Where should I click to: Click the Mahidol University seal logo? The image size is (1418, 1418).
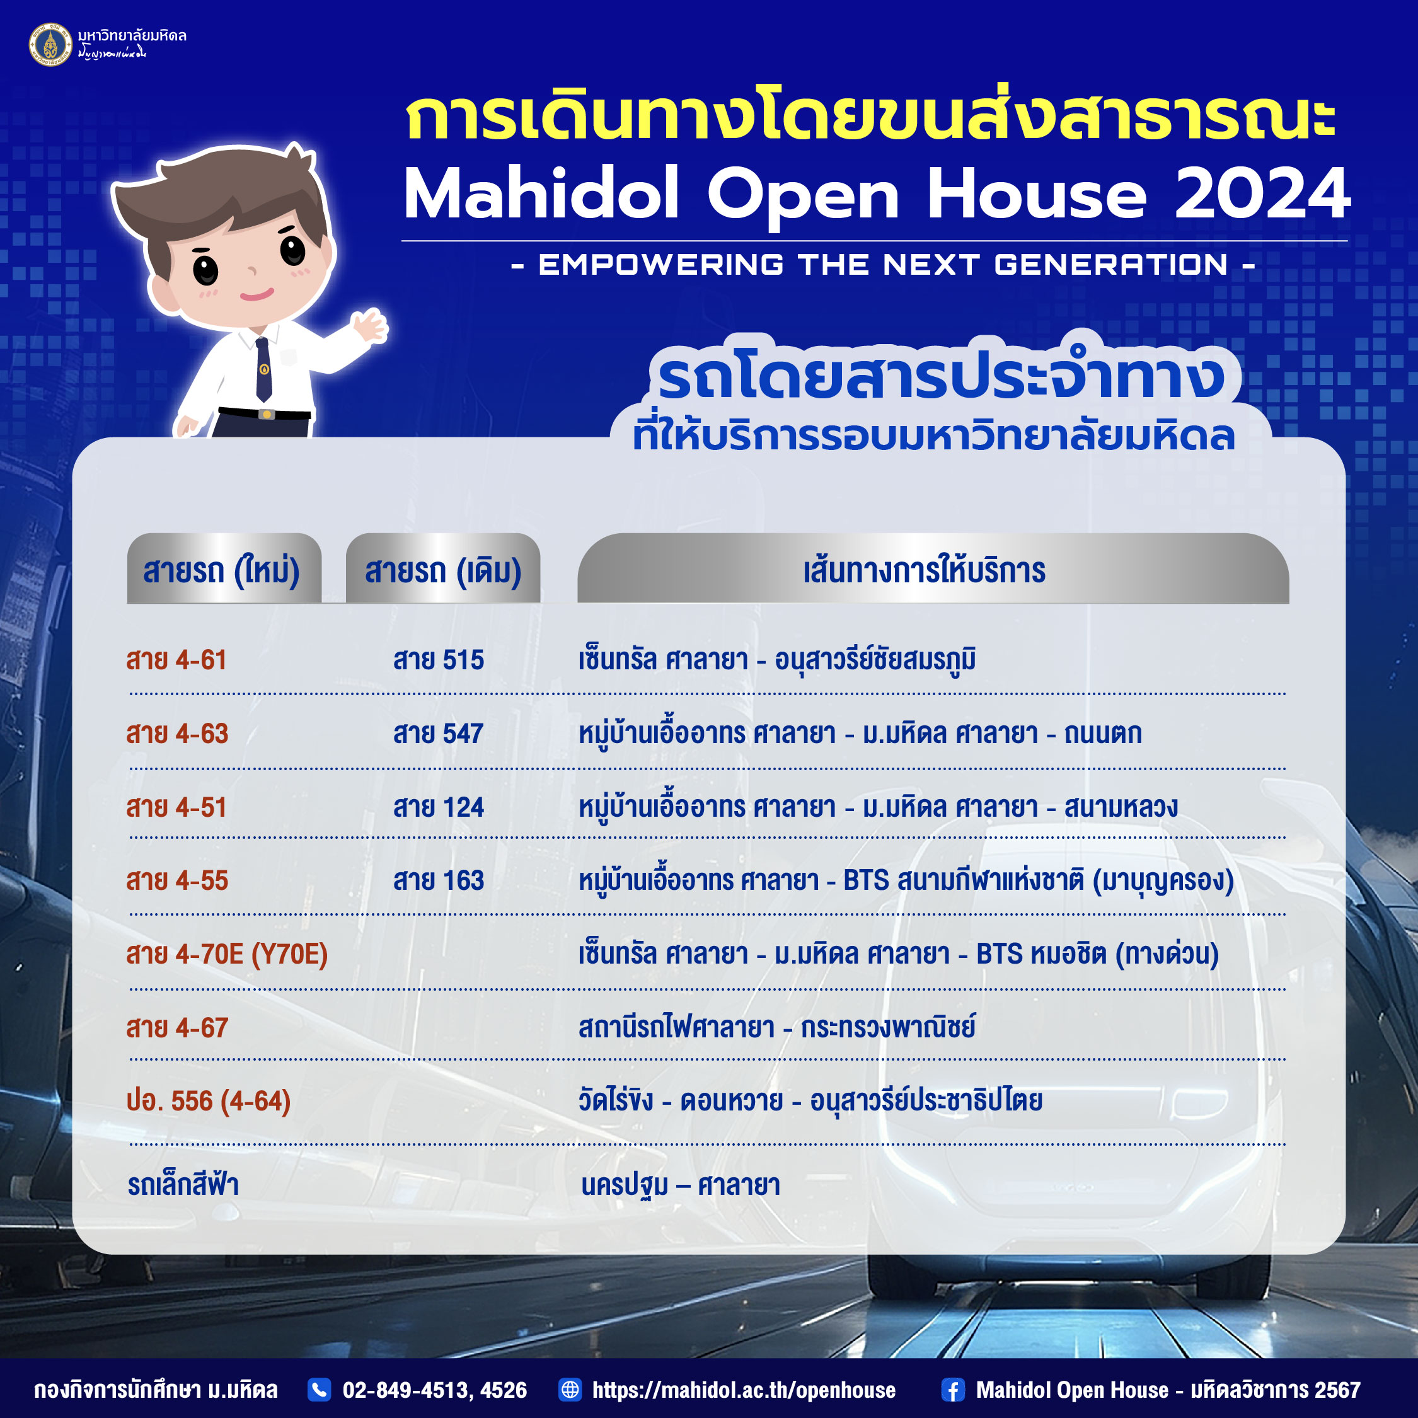click(50, 44)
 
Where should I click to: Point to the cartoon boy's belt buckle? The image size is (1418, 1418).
click(267, 415)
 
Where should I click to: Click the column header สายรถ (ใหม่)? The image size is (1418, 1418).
click(222, 570)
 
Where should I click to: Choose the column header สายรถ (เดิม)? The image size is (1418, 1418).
click(443, 570)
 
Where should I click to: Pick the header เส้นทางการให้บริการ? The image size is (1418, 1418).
click(924, 570)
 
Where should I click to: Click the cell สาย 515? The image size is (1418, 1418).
click(438, 660)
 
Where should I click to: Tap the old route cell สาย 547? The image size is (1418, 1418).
click(438, 733)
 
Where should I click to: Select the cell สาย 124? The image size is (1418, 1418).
click(438, 807)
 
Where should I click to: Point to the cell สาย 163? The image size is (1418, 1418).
click(438, 880)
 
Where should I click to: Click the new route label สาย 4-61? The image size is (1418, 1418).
click(176, 660)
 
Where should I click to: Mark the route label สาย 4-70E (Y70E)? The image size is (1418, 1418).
click(227, 954)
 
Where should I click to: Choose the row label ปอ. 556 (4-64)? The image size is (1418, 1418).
click(209, 1101)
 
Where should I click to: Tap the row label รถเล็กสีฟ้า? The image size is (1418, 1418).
click(183, 1185)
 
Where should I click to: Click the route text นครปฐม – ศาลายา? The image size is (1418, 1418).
click(681, 1185)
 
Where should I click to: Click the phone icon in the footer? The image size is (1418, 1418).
click(320, 1390)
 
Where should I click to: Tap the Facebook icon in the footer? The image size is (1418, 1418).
click(953, 1390)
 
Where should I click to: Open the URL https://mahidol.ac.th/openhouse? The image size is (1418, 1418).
click(744, 1390)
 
